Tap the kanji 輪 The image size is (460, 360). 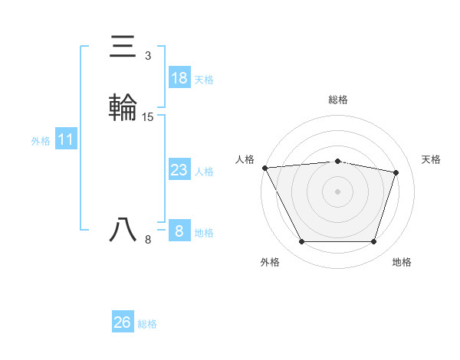[123, 107]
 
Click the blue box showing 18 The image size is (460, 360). [179, 78]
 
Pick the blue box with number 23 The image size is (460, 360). [179, 170]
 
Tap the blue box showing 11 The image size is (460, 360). [66, 139]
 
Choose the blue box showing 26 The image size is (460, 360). [123, 322]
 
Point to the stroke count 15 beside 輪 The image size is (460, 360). [148, 117]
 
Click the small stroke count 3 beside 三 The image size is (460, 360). [148, 56]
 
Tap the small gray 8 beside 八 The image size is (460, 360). [148, 240]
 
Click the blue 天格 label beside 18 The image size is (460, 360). [204, 80]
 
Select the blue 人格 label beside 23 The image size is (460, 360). [204, 172]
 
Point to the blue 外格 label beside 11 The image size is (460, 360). [41, 141]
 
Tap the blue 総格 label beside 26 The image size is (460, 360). [147, 324]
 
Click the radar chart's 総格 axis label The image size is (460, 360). [338, 100]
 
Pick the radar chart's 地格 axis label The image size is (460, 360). [402, 262]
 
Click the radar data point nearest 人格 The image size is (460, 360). [264, 168]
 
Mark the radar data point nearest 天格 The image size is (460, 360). [396, 172]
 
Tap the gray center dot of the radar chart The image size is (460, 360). [338, 191]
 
